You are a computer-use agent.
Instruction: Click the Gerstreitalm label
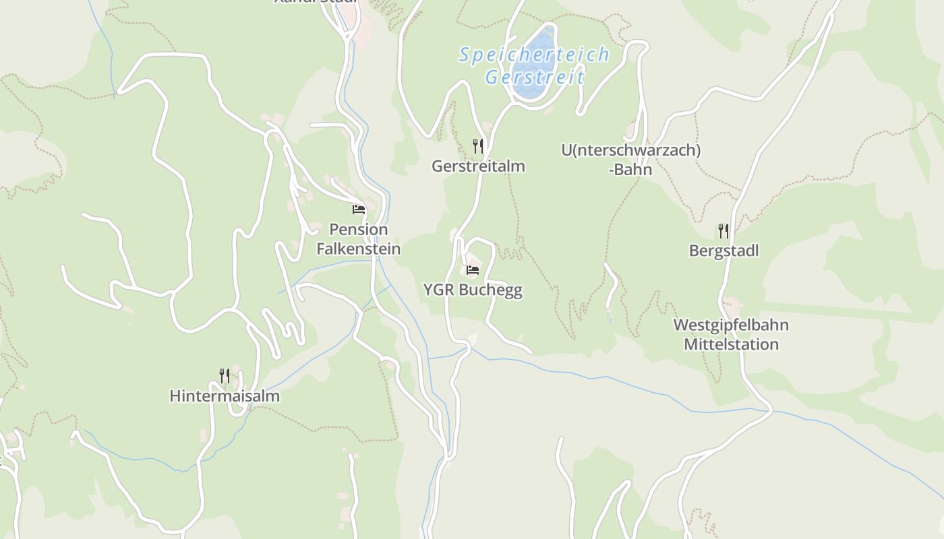pyautogui.click(x=478, y=166)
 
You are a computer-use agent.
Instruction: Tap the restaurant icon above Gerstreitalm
pyautogui.click(x=477, y=146)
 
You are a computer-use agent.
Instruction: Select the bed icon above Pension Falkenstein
pyautogui.click(x=359, y=209)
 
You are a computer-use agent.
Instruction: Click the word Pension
pyautogui.click(x=359, y=230)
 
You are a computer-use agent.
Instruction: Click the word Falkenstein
pyautogui.click(x=359, y=249)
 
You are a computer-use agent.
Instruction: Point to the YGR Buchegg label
pyautogui.click(x=473, y=290)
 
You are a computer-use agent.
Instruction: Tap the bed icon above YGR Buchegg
pyautogui.click(x=473, y=271)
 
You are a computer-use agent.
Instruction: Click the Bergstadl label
pyautogui.click(x=724, y=251)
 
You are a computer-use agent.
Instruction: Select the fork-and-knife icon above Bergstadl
pyautogui.click(x=724, y=231)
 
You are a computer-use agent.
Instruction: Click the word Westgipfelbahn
pyautogui.click(x=731, y=325)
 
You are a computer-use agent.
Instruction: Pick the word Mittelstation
pyautogui.click(x=731, y=344)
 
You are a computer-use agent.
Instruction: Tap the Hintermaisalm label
pyautogui.click(x=225, y=396)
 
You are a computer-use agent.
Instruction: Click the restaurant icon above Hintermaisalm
pyautogui.click(x=225, y=375)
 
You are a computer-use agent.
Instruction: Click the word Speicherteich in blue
pyautogui.click(x=534, y=55)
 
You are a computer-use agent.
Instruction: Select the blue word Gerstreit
pyautogui.click(x=534, y=77)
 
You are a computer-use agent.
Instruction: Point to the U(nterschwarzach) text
pyautogui.click(x=630, y=150)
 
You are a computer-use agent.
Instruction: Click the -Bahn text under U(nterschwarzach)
pyautogui.click(x=630, y=169)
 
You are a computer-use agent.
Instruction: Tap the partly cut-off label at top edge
pyautogui.click(x=315, y=2)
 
